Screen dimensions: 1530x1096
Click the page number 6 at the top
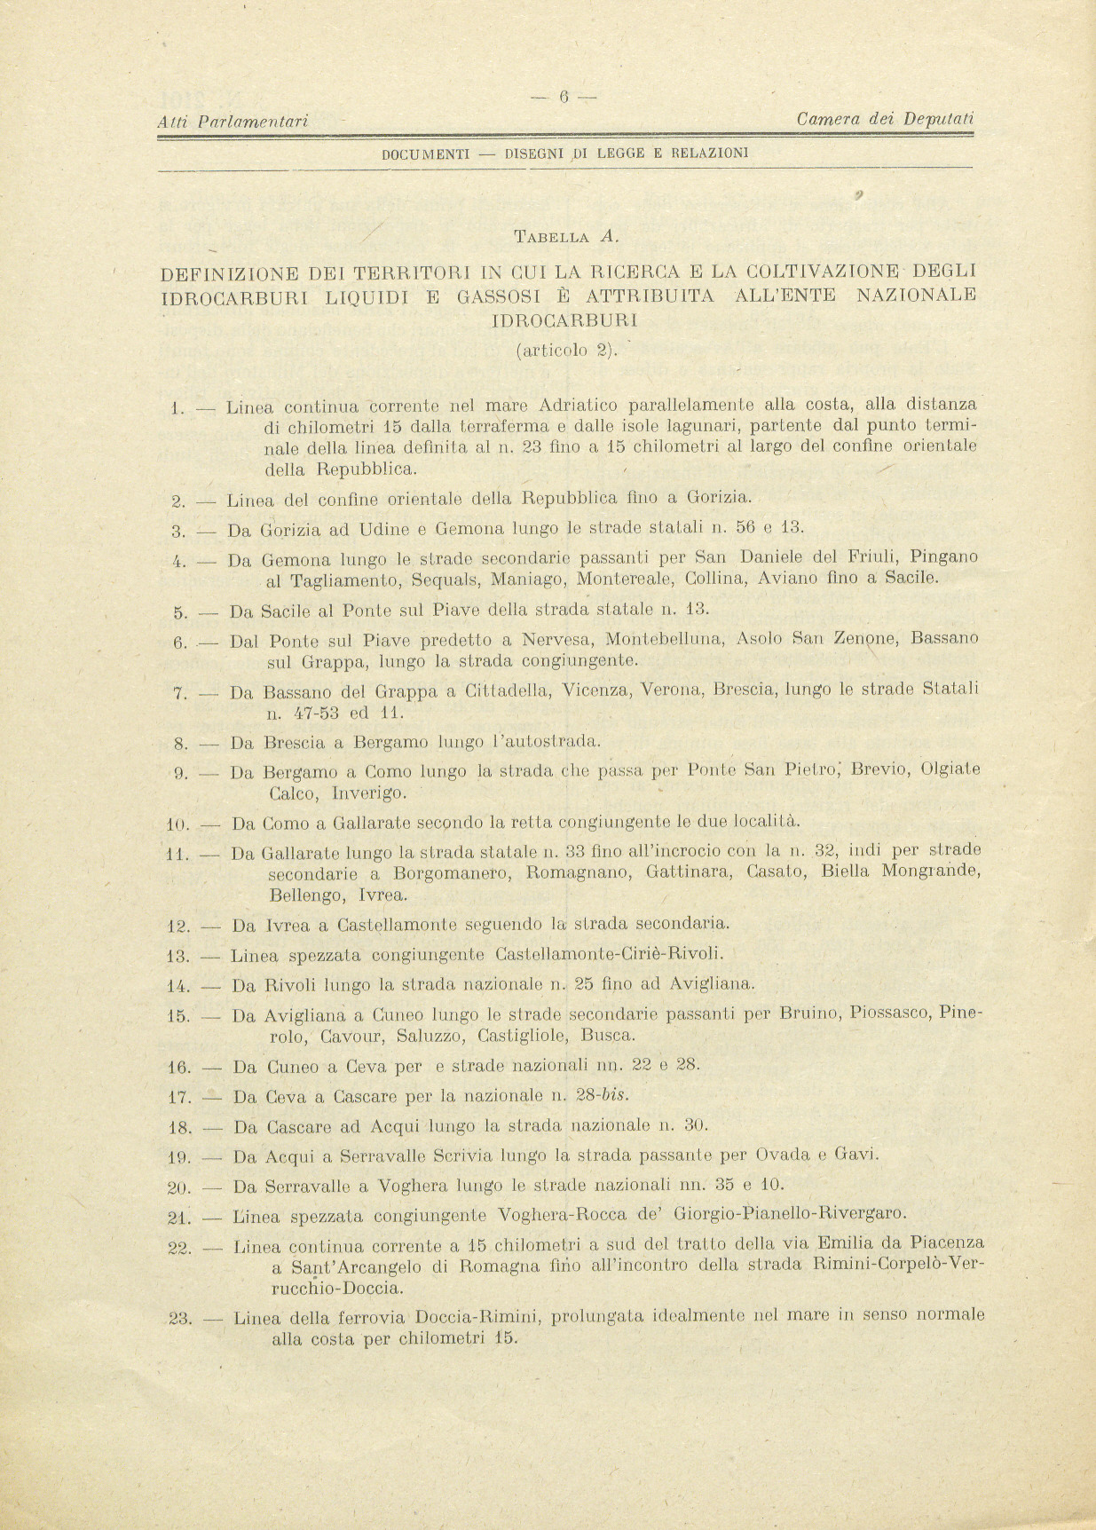[x=564, y=98]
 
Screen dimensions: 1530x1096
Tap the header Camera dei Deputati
[x=885, y=118]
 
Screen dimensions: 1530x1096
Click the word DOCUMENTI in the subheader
[x=425, y=154]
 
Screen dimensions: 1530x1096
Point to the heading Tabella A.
[x=565, y=237]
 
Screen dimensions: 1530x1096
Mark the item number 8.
[x=180, y=744]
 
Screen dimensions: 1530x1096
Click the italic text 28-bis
[x=603, y=1096]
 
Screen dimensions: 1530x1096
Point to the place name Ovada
[x=782, y=1155]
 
